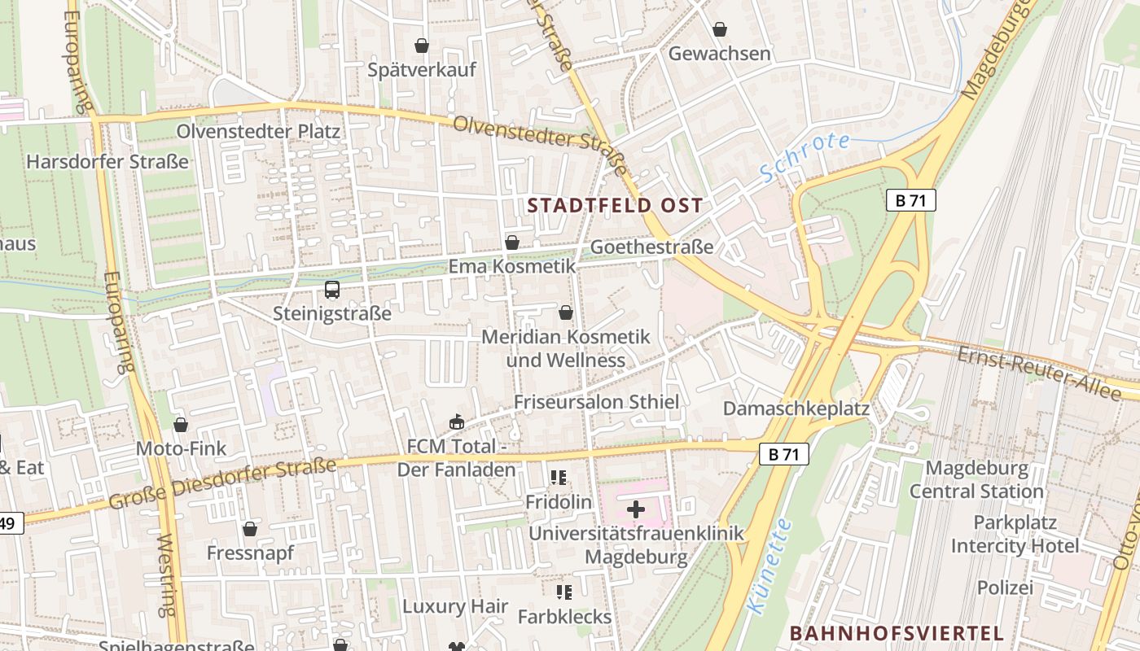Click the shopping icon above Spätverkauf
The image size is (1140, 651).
tap(422, 46)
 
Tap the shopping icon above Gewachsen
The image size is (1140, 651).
tap(720, 30)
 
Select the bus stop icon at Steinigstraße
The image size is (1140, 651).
tap(332, 290)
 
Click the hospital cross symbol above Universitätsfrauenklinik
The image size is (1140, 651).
tap(636, 510)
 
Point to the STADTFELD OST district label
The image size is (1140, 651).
tap(615, 205)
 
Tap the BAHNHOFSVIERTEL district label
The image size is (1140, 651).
tap(896, 633)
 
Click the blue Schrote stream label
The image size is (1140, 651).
tap(805, 155)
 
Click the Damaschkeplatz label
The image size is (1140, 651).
tap(796, 408)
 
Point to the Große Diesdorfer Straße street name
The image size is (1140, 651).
tap(222, 484)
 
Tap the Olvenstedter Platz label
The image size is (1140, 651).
tap(258, 131)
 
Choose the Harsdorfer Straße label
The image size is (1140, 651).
tap(107, 161)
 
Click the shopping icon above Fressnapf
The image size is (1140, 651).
tap(250, 529)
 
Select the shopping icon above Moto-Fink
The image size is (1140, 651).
tap(181, 425)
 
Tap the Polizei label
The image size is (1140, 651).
tap(1005, 588)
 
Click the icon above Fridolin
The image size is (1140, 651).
tap(558, 478)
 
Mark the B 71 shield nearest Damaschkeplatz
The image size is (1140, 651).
tap(784, 454)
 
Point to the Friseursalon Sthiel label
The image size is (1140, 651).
tap(596, 402)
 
